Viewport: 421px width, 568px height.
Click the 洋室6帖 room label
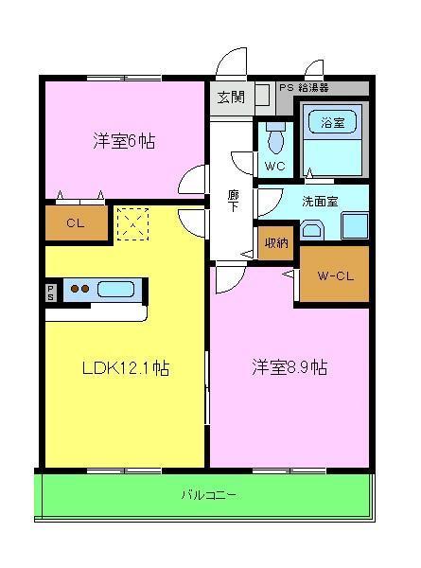pyautogui.click(x=124, y=142)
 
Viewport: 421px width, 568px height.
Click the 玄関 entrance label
pyautogui.click(x=230, y=96)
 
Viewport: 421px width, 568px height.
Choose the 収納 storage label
pyautogui.click(x=276, y=242)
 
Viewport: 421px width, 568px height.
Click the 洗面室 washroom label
pyautogui.click(x=322, y=201)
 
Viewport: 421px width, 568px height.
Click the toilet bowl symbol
pyautogui.click(x=275, y=138)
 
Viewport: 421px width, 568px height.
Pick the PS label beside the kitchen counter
pyautogui.click(x=50, y=289)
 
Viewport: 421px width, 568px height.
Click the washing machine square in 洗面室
pyautogui.click(x=354, y=226)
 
